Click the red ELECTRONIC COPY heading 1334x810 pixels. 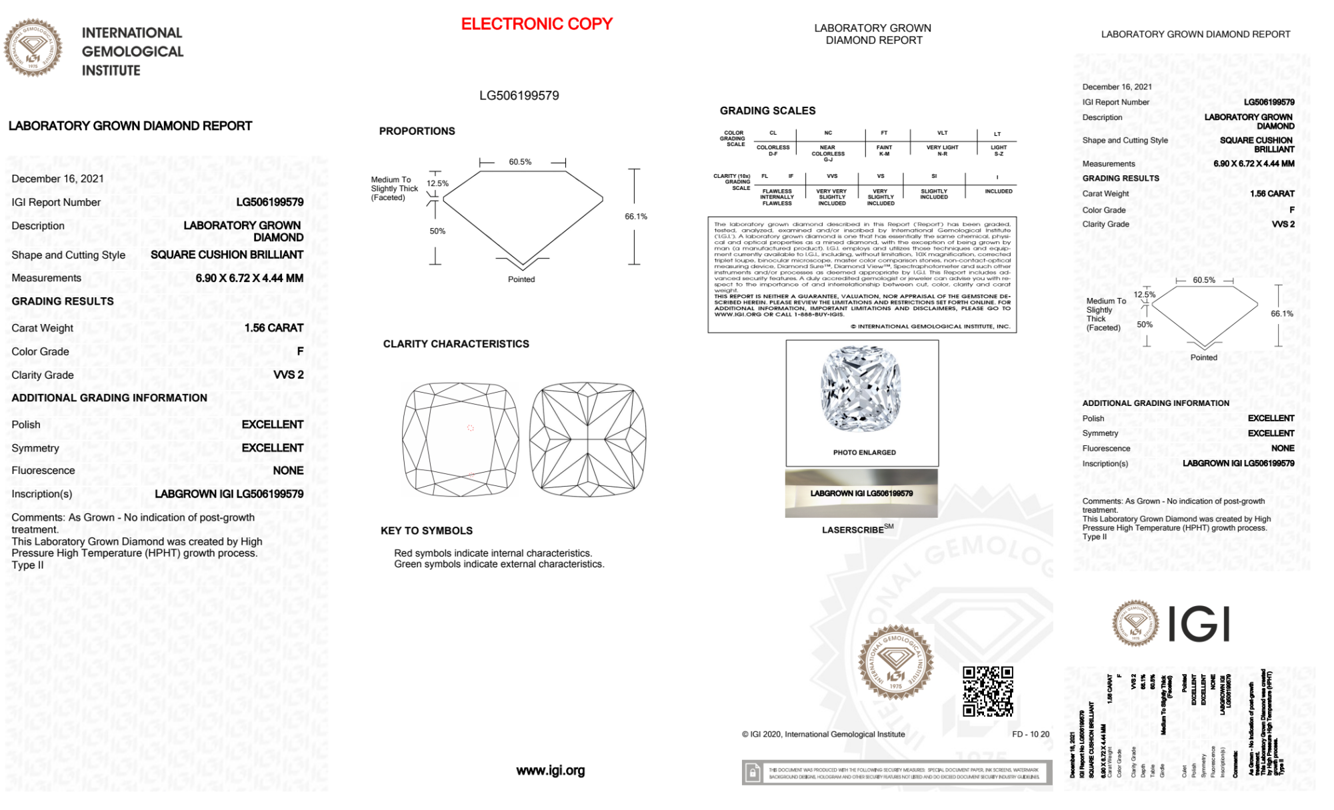click(x=537, y=24)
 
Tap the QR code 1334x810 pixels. click(x=987, y=691)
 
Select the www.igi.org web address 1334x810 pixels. click(x=550, y=771)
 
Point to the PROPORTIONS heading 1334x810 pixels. click(x=417, y=131)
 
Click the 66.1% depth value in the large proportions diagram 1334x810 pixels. click(x=635, y=217)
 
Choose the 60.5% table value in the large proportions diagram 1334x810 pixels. click(x=520, y=162)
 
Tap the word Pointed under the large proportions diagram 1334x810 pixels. click(x=521, y=279)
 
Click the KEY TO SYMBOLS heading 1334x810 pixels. click(x=426, y=531)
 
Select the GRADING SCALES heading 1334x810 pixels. click(x=767, y=111)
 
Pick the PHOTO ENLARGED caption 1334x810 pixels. click(x=864, y=453)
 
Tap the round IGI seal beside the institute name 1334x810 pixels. click(x=33, y=48)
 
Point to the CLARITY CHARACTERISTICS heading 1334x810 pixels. click(x=456, y=344)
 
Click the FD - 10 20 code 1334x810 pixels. click(x=1030, y=734)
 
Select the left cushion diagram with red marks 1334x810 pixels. click(x=460, y=438)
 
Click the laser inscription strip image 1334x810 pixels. click(x=861, y=493)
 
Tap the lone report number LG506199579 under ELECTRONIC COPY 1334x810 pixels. click(x=519, y=95)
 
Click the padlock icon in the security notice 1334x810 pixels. click(x=753, y=773)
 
